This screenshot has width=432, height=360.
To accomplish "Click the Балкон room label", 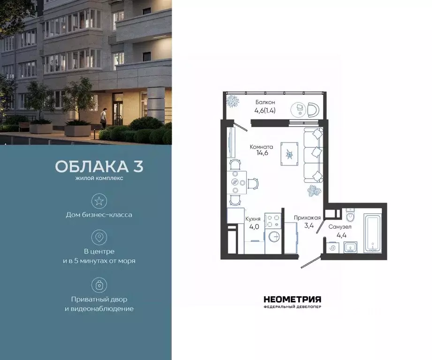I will pos(265,102).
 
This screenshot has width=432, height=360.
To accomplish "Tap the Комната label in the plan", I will pos(261,147).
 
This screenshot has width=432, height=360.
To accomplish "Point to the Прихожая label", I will pos(307,217).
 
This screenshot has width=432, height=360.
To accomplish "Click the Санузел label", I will pos(340,226).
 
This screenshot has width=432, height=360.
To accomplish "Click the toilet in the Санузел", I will pos(349,217).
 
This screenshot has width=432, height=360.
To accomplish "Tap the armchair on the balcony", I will pos(313,110).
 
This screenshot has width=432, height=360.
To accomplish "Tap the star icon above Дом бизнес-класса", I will pos(99,202).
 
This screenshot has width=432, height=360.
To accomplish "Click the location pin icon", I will pos(99,238).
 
